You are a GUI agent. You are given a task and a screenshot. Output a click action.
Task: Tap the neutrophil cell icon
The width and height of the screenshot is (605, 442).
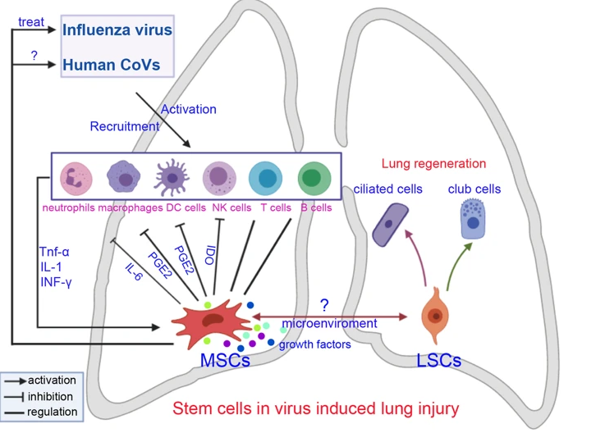point(76,177)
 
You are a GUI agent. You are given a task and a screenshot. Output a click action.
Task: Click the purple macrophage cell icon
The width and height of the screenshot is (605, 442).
point(125,178)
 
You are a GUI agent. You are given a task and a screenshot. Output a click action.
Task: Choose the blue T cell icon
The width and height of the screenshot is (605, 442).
point(267,178)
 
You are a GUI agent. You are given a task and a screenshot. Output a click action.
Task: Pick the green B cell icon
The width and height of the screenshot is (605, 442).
point(313,178)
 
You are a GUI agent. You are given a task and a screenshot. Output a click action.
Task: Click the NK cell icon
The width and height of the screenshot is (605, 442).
point(221,178)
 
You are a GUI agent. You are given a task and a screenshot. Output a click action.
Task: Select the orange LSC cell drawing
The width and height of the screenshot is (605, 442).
point(435,318)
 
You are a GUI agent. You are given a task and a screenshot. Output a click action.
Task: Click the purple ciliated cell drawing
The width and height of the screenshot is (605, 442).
point(389,223)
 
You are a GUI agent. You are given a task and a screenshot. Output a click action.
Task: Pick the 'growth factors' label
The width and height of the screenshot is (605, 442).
point(314,344)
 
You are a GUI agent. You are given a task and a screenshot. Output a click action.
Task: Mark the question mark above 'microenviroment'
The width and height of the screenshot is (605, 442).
point(324,305)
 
